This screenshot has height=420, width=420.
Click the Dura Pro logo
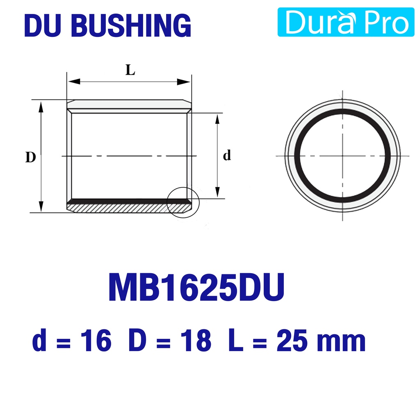click(x=346, y=22)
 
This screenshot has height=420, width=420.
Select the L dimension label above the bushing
click(x=130, y=70)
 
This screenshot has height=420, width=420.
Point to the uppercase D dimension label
click(x=30, y=157)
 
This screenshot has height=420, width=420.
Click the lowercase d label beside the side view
click(x=227, y=155)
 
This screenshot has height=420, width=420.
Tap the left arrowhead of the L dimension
click(x=73, y=82)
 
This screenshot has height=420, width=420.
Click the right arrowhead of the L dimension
click(x=184, y=82)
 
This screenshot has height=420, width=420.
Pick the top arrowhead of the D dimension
click(x=41, y=107)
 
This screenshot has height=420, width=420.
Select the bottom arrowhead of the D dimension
click(x=41, y=206)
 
